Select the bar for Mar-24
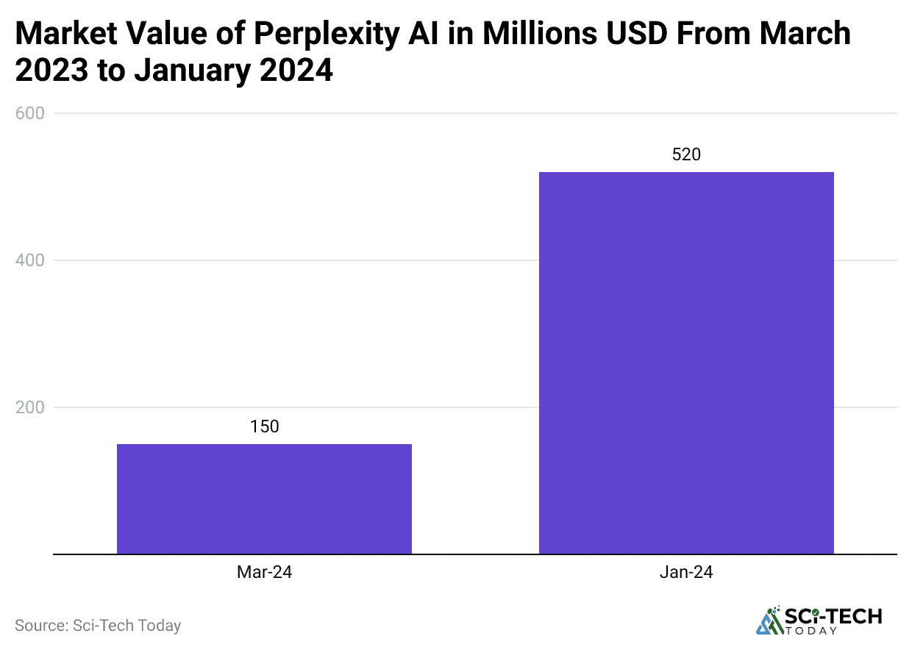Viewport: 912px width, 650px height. (264, 499)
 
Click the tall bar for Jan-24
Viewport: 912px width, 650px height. (686, 362)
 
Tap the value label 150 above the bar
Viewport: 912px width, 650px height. (264, 426)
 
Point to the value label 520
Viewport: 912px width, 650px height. (686, 154)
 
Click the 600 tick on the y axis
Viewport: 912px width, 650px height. (30, 113)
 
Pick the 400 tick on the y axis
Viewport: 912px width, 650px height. (30, 260)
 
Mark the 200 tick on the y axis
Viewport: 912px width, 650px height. (30, 407)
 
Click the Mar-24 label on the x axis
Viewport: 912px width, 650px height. (264, 572)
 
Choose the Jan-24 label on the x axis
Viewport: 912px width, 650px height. (686, 572)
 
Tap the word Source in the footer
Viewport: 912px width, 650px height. (40, 626)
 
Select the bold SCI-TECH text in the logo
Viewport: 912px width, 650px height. (833, 616)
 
